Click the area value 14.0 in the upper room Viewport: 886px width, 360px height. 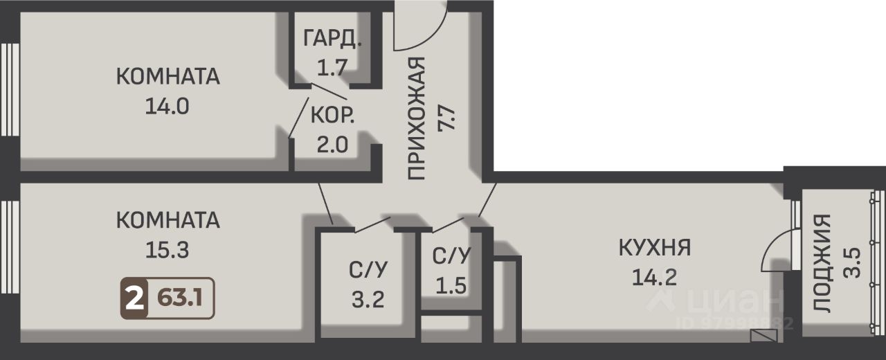167,107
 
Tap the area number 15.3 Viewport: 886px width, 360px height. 167,250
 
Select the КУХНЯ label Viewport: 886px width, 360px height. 655,248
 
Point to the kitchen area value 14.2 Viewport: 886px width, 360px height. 655,277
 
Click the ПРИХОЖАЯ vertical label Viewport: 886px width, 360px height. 416,118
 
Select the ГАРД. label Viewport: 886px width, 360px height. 332,39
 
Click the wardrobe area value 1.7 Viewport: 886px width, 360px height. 332,67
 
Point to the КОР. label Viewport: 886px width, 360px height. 333,116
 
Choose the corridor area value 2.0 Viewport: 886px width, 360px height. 333,145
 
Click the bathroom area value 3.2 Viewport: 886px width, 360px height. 368,300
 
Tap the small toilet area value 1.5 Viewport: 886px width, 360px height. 451,285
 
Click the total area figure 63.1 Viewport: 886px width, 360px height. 180,298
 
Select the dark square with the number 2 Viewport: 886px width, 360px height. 134,298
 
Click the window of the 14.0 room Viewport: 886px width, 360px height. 10,90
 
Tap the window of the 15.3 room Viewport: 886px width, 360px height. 10,248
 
